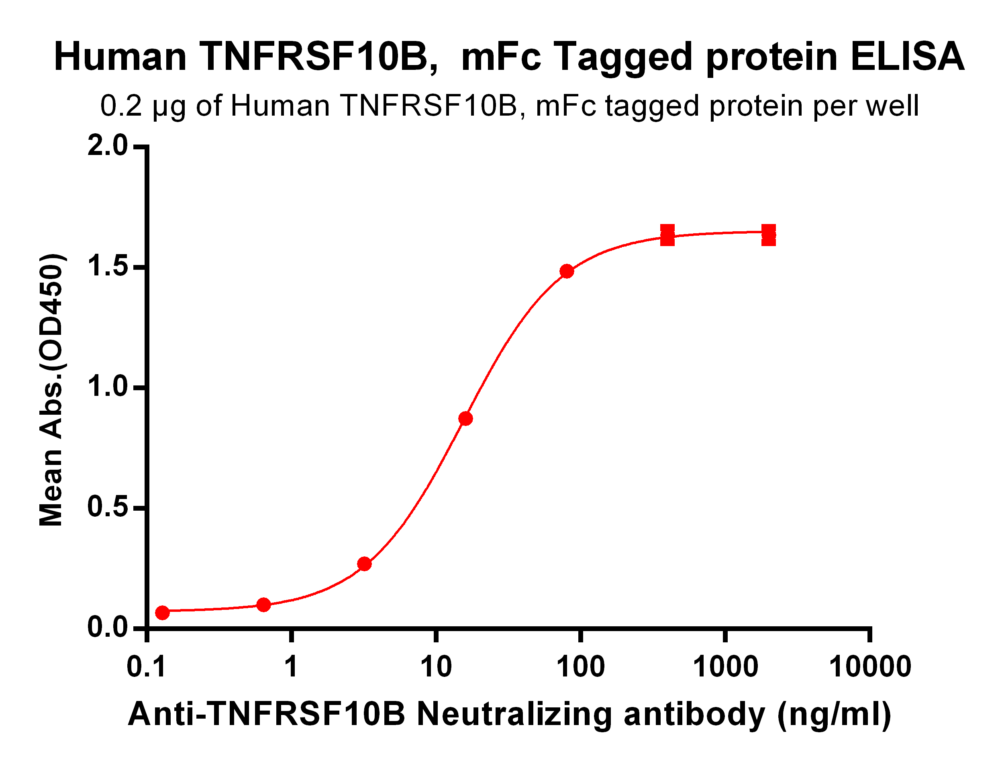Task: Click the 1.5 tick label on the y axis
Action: click(x=108, y=266)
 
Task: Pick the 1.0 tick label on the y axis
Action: click(x=108, y=387)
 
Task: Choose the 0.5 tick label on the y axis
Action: click(x=108, y=507)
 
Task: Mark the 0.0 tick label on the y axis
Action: click(x=108, y=627)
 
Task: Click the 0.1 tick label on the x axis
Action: click(x=146, y=667)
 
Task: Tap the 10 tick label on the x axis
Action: click(x=435, y=667)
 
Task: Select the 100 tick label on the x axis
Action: click(x=580, y=667)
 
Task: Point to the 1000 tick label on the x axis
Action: click(x=725, y=667)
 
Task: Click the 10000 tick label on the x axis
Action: click(x=869, y=667)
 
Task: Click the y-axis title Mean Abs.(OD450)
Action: click(x=51, y=390)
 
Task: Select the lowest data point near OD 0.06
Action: click(x=162, y=612)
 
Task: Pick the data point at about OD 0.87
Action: click(x=465, y=419)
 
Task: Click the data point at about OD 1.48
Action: click(x=567, y=271)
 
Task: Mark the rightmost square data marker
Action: click(x=769, y=235)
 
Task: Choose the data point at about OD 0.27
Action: click(x=364, y=564)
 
